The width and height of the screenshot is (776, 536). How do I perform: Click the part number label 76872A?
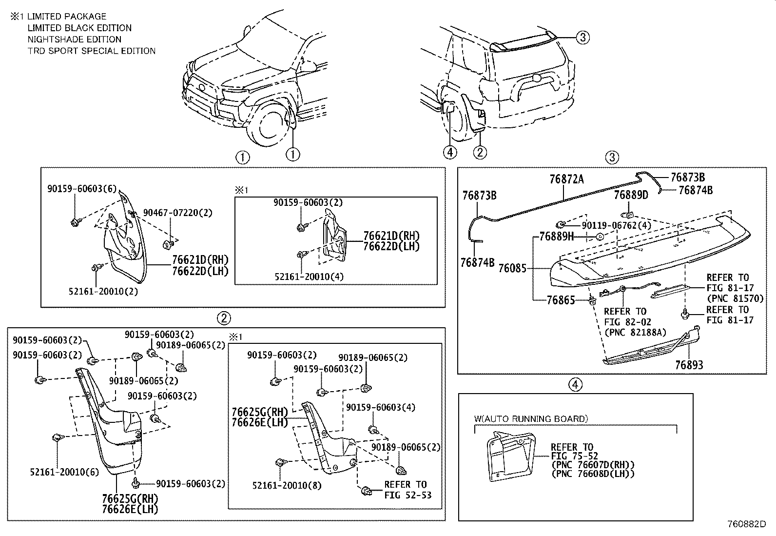pyautogui.click(x=566, y=179)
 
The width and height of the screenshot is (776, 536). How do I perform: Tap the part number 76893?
pyautogui.click(x=689, y=365)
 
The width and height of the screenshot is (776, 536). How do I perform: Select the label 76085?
pyautogui.click(x=512, y=268)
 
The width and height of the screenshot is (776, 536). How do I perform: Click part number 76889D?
pyautogui.click(x=631, y=195)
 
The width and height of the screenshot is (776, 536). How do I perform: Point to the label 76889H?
pyautogui.click(x=556, y=237)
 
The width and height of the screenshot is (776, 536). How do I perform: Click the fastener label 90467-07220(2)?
pyautogui.click(x=177, y=213)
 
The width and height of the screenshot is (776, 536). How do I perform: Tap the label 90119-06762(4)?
pyautogui.click(x=616, y=225)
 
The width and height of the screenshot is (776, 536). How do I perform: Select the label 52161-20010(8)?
pyautogui.click(x=287, y=485)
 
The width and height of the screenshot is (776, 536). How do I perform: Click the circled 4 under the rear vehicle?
pyautogui.click(x=450, y=152)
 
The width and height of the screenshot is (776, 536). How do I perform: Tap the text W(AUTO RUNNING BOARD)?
pyautogui.click(x=531, y=418)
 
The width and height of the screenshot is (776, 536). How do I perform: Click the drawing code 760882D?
pyautogui.click(x=746, y=524)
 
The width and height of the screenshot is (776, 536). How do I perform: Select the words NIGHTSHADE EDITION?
pyautogui.click(x=74, y=40)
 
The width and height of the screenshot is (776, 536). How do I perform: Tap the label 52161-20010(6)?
pyautogui.click(x=64, y=472)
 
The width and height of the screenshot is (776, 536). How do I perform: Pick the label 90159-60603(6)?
pyautogui.click(x=82, y=189)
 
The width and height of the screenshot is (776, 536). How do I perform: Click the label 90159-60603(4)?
pyautogui.click(x=381, y=407)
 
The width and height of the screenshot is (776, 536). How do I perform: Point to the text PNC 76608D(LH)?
pyautogui.click(x=593, y=474)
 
